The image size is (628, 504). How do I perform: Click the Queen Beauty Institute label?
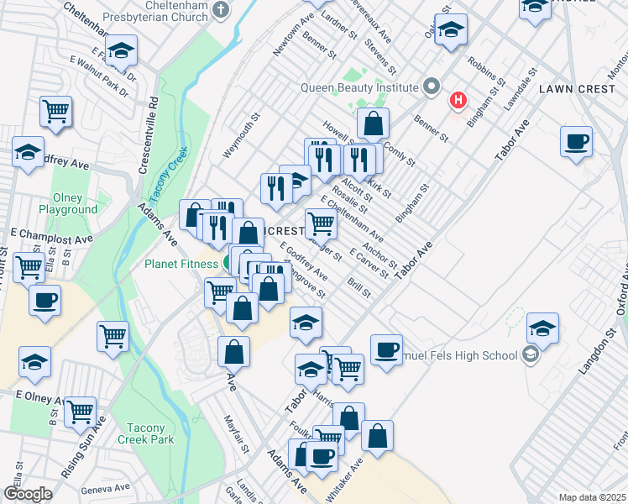[x=360, y=87]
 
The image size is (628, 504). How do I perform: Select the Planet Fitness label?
[x=181, y=263]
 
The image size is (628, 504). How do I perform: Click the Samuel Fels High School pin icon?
[x=530, y=355]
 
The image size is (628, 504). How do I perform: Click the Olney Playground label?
[x=68, y=203]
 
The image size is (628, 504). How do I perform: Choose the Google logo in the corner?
[x=28, y=494]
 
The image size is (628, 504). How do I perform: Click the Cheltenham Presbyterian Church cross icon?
[x=221, y=11]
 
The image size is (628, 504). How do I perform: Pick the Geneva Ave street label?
[x=105, y=487]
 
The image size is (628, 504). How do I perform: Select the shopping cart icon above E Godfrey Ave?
[x=321, y=223]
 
